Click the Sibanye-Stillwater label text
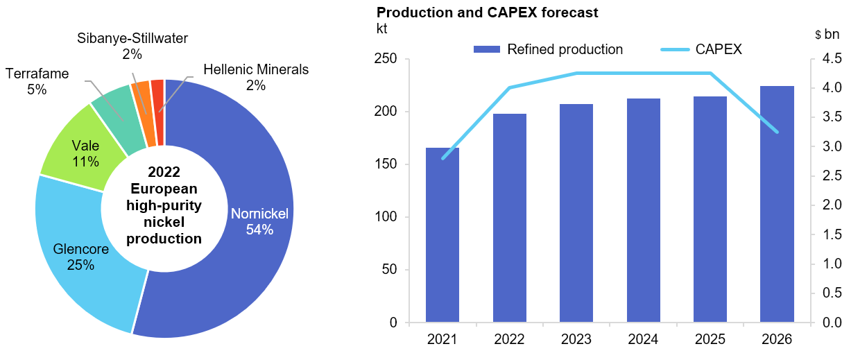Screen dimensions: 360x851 tap(132, 38)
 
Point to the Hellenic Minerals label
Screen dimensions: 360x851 tap(256, 70)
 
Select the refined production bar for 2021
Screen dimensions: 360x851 tap(442, 236)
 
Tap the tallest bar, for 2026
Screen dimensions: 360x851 tap(777, 205)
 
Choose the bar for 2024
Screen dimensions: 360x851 tap(643, 212)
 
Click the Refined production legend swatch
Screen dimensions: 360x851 tap(487, 49)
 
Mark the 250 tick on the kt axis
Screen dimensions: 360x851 tap(390, 59)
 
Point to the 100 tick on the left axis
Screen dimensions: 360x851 tap(390, 217)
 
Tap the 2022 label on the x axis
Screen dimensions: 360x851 tap(509, 341)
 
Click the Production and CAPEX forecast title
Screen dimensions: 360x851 tap(487, 12)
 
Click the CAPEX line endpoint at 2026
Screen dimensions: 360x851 tap(777, 132)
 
